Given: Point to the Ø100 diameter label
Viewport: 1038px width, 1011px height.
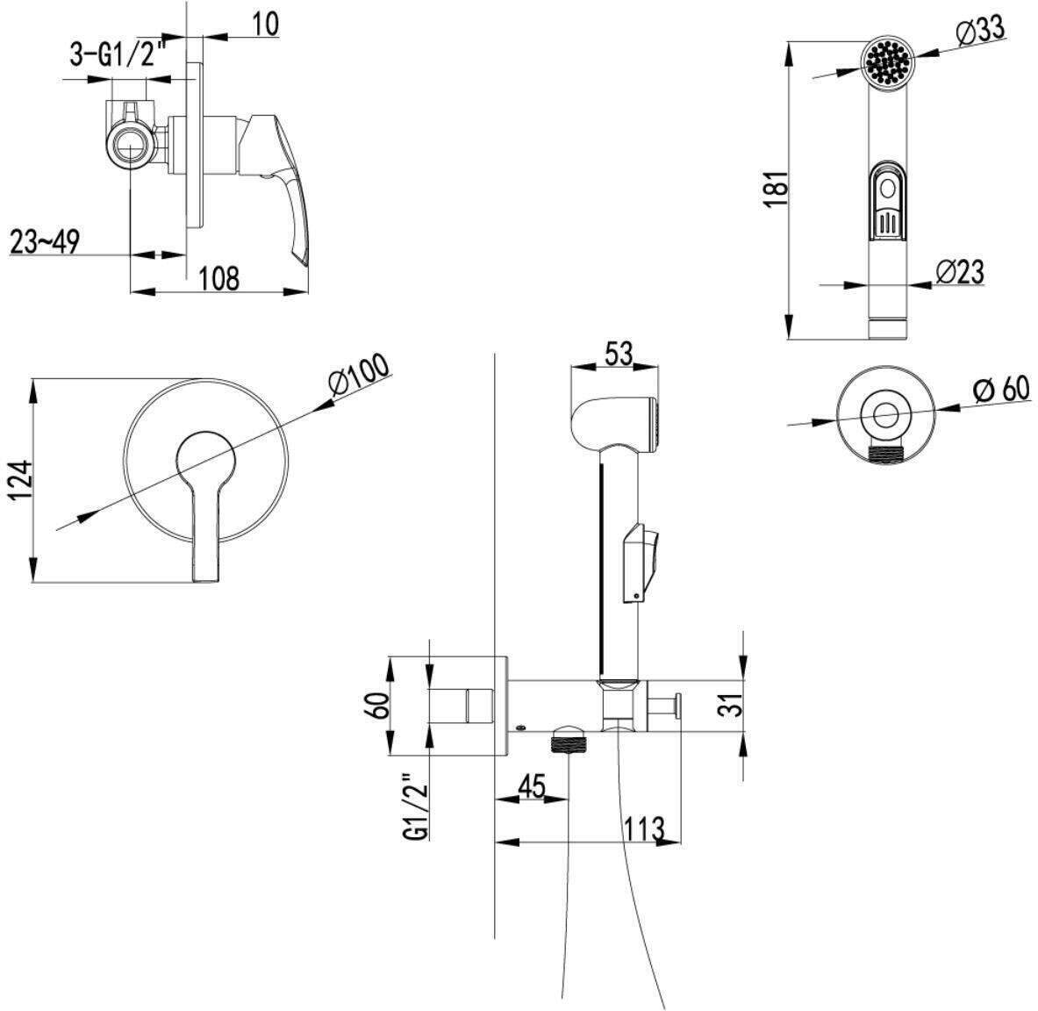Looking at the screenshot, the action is click(358, 377).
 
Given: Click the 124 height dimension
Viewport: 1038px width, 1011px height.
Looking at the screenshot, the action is click(23, 480).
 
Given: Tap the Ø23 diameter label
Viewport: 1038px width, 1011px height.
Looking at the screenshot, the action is click(959, 272).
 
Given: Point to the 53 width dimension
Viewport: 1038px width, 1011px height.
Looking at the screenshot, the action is click(619, 354).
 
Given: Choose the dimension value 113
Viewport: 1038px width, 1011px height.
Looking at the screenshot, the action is click(645, 827).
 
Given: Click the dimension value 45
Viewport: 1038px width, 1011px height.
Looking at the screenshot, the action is click(531, 785).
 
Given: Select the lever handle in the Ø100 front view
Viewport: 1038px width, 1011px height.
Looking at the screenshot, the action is click(205, 527).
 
